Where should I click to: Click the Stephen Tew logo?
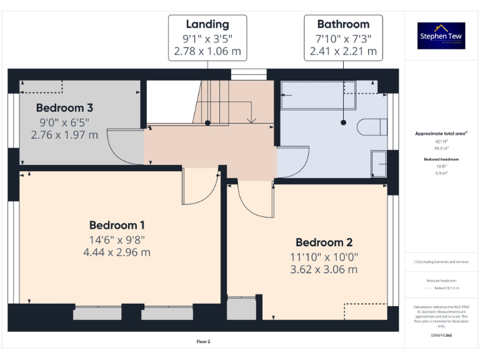pos(441,36)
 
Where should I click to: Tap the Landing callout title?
pos(207,24)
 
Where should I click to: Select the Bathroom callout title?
pos(343,24)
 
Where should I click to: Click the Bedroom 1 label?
pos(117,225)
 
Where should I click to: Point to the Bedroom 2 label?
pos(324,242)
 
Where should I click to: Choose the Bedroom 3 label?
pos(64,107)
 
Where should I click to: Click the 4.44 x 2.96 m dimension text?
pos(117,252)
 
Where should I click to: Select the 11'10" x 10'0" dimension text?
pos(324,257)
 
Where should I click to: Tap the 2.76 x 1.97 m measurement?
pos(64,134)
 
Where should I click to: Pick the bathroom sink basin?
pos(379,163)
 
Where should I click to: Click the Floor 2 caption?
pos(204,342)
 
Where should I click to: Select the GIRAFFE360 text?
pos(441,336)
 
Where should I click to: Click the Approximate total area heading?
pos(441,134)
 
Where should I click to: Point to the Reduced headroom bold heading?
pos(441,159)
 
